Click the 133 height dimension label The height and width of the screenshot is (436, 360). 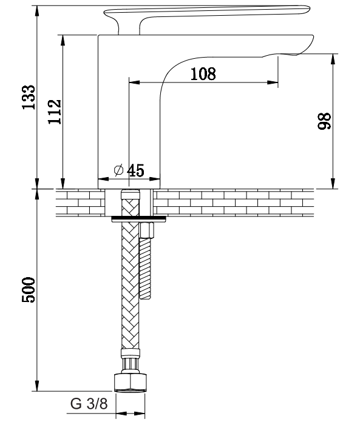(29, 97)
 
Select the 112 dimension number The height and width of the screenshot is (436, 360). (55, 112)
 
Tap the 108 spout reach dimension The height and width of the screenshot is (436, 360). (203, 74)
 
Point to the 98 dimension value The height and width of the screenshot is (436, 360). (324, 121)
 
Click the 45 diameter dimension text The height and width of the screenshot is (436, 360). (135, 170)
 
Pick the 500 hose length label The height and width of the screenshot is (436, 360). (29, 289)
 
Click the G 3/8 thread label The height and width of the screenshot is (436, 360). (89, 404)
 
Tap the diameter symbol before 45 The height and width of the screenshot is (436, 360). (118, 170)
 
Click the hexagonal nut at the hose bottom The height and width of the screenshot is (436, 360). (131, 383)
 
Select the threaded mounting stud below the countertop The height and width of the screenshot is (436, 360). (146, 268)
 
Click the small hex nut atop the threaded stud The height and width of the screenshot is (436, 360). (147, 229)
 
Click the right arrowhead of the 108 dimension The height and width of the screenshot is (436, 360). (273, 82)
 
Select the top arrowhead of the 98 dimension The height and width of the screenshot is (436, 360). (333, 59)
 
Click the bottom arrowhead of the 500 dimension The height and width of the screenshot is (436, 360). (37, 386)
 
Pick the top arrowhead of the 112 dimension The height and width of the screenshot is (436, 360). (63, 40)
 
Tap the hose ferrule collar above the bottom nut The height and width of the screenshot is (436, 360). (130, 353)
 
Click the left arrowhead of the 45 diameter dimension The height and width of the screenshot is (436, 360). (104, 179)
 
